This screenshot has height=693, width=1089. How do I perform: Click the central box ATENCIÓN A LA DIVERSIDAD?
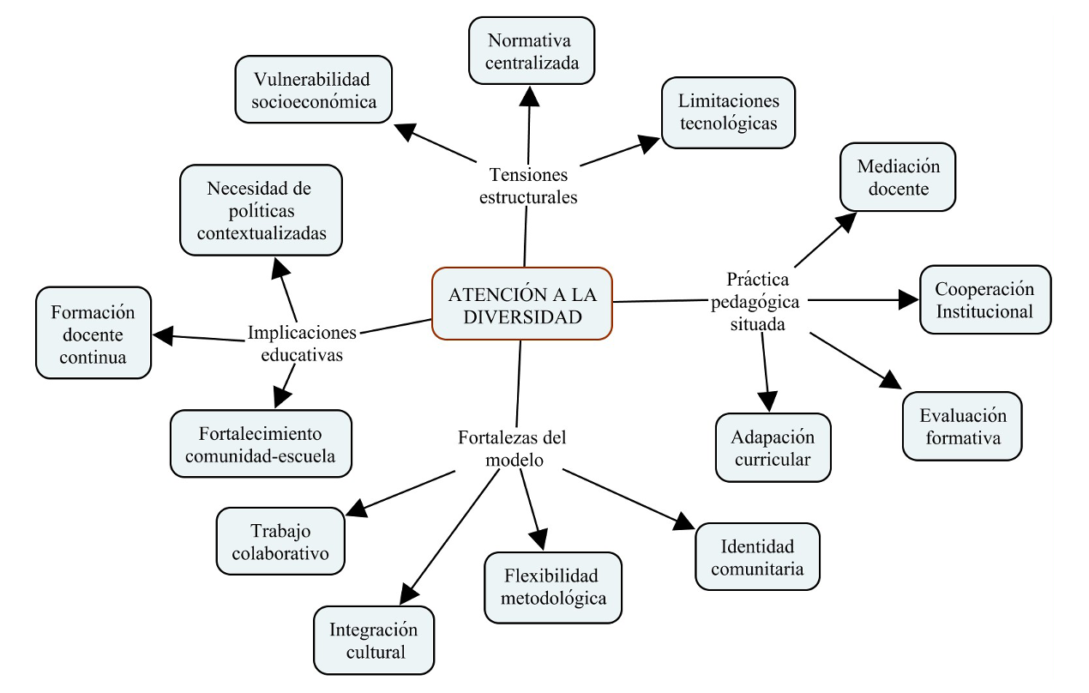point(522,304)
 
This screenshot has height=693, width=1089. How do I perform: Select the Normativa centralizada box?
point(532,51)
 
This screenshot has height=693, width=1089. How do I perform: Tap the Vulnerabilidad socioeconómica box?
point(313,89)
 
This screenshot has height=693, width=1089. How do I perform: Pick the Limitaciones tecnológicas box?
point(728,112)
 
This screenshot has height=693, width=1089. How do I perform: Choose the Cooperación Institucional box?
point(984,299)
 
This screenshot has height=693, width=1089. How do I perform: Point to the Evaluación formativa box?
point(962,426)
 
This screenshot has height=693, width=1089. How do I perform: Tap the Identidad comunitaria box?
point(757,557)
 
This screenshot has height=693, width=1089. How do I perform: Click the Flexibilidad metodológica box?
point(553,587)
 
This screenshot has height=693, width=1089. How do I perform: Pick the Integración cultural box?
point(374,640)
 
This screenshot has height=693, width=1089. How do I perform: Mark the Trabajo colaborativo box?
point(280,541)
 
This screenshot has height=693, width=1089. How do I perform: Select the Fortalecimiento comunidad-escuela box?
point(261,443)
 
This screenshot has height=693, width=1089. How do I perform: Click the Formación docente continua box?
point(93,334)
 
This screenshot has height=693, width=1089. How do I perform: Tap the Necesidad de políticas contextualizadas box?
point(261,210)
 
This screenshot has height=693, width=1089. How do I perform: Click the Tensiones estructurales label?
point(529,185)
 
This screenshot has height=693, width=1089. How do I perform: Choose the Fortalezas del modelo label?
point(514,448)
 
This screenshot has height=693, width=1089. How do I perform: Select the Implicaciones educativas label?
point(301,342)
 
